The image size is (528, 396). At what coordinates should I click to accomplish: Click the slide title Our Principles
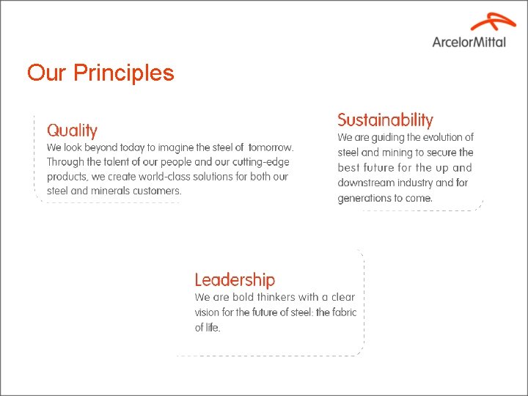click(x=100, y=73)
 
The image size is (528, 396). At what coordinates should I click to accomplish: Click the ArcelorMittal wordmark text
click(x=469, y=42)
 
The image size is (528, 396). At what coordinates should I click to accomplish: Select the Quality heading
click(x=72, y=131)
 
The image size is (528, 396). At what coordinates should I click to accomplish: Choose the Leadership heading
click(x=235, y=279)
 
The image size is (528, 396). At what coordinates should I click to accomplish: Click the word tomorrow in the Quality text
click(x=271, y=147)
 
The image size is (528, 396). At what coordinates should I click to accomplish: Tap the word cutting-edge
click(x=260, y=162)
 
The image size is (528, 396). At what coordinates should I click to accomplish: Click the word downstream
click(x=363, y=183)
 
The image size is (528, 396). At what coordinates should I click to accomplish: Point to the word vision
click(x=207, y=312)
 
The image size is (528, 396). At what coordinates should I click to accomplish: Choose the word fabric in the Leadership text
click(x=342, y=312)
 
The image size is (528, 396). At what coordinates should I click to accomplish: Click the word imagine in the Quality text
click(x=183, y=147)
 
